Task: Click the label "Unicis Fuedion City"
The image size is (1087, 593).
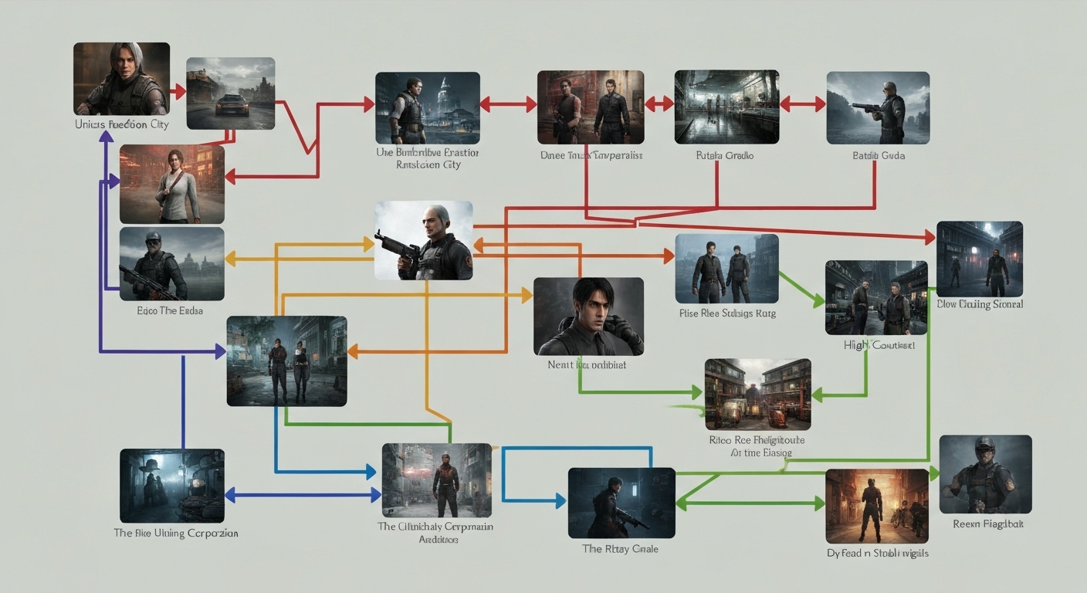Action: pyautogui.click(x=121, y=124)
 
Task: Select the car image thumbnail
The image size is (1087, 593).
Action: pyautogui.click(x=231, y=93)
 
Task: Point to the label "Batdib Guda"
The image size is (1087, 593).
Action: pyautogui.click(x=879, y=156)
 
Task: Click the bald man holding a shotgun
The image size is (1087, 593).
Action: pyautogui.click(x=424, y=241)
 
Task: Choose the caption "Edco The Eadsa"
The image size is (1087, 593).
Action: pyautogui.click(x=170, y=310)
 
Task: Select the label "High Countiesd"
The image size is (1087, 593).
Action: pyautogui.click(x=879, y=345)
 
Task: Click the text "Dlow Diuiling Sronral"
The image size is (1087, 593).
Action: pyautogui.click(x=980, y=304)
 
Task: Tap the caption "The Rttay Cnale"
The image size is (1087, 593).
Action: pyautogui.click(x=620, y=549)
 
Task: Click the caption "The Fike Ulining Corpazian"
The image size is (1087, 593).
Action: pyautogui.click(x=176, y=533)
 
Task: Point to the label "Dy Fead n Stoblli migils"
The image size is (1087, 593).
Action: pyautogui.click(x=877, y=554)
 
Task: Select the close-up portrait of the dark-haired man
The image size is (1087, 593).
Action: pyautogui.click(x=588, y=317)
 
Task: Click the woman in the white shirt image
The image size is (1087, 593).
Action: pyautogui.click(x=172, y=185)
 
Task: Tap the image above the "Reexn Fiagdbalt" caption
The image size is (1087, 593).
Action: pyautogui.click(x=985, y=474)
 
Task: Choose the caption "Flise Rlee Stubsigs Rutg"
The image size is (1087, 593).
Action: pyautogui.click(x=727, y=313)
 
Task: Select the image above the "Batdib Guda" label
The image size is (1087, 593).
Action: pyautogui.click(x=878, y=108)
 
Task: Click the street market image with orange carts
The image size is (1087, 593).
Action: pyautogui.click(x=757, y=395)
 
